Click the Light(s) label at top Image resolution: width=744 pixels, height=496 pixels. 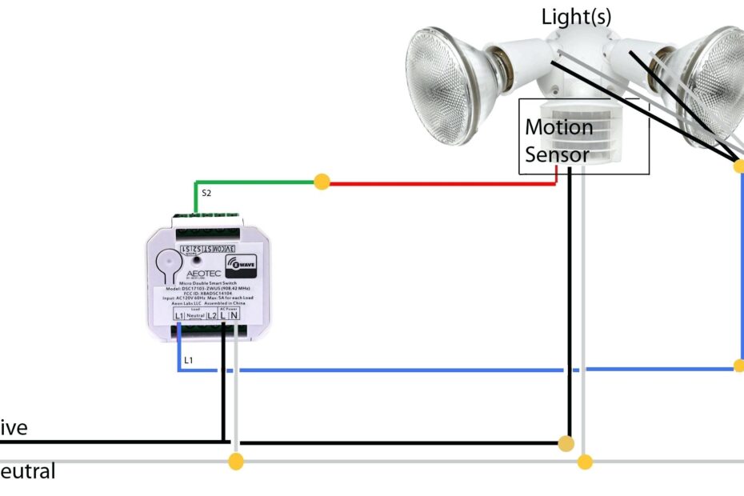coord(576,16)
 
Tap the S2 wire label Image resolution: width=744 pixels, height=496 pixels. coord(206,194)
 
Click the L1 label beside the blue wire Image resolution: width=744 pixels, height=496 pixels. coord(188,361)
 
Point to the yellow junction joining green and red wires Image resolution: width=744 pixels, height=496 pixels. coord(322,182)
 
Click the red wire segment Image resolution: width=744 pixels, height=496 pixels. coord(440,182)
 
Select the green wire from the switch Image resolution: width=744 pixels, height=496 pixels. coord(256,182)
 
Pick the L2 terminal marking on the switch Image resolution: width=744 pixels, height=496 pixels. coord(212,316)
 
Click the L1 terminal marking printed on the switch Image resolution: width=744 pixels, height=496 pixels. coord(179,316)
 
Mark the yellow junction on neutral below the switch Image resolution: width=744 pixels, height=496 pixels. coord(235,462)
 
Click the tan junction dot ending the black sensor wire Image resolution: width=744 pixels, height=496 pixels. coord(566,443)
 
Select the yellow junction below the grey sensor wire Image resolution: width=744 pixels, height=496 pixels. coord(585,462)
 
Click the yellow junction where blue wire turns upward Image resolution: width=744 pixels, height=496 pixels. coord(738,366)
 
